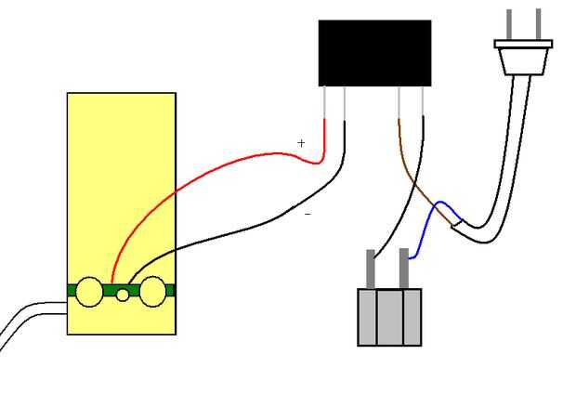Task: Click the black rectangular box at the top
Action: point(374,53)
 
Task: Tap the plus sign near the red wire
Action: point(301,143)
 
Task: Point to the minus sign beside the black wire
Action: point(308,215)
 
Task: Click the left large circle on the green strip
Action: point(89,292)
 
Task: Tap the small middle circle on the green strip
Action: point(123,295)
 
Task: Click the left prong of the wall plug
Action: point(509,24)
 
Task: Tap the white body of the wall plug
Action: point(524,58)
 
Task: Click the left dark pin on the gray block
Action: point(371,269)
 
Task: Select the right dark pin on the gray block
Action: point(404,269)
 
